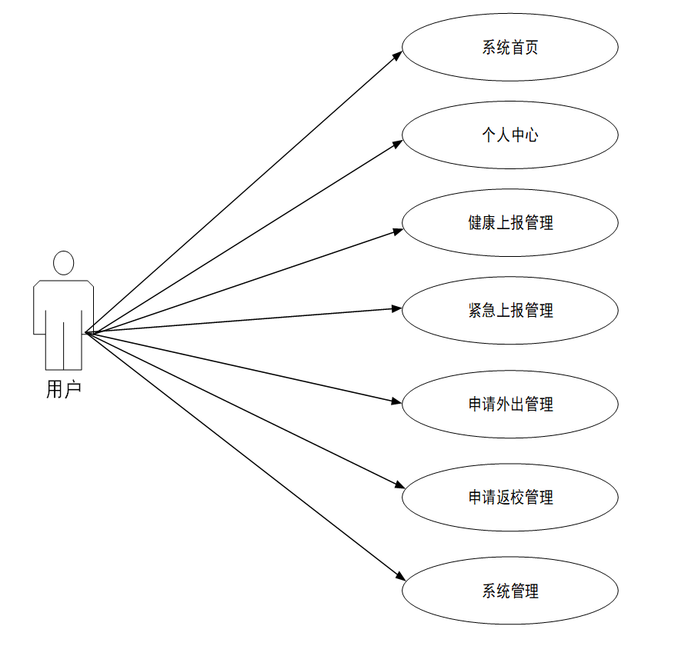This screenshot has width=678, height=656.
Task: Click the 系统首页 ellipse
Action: point(509,48)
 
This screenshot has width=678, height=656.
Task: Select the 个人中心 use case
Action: point(509,135)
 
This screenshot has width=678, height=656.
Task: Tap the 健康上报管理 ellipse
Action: point(509,223)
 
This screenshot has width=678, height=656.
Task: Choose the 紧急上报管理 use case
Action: point(509,311)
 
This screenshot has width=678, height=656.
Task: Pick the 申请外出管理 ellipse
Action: point(509,405)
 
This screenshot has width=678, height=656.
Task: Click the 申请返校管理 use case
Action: point(509,498)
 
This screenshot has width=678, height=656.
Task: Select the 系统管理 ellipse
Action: point(509,591)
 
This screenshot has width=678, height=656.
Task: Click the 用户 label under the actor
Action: point(63,390)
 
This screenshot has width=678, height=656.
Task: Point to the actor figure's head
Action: point(63,263)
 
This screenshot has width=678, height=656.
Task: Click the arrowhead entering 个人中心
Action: point(397,142)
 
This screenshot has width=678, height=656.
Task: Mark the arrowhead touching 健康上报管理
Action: point(397,229)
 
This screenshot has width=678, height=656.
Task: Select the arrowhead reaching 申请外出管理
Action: point(397,401)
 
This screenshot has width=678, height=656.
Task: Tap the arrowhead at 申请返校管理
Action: point(399,485)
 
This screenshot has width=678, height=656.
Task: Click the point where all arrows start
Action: point(85,333)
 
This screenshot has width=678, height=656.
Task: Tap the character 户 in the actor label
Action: point(72,390)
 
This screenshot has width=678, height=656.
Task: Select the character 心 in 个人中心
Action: point(530,135)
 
